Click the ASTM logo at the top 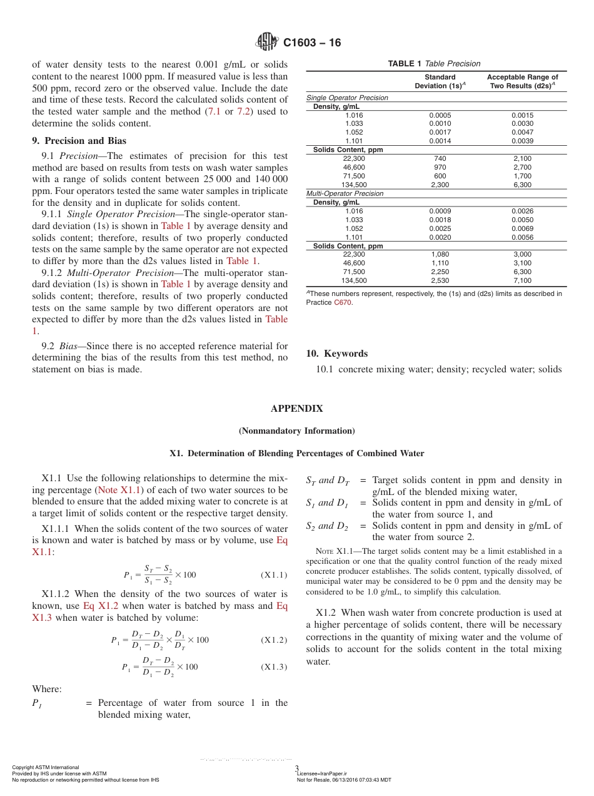click(267, 43)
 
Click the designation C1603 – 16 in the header click(312, 43)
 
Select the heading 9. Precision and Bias click(79, 141)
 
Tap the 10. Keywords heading click(336, 354)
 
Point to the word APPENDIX click(296, 409)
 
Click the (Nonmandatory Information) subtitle click(296, 431)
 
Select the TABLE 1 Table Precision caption click(434, 63)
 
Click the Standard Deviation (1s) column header click(440, 81)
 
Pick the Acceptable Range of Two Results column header click(522, 81)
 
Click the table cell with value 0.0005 click(440, 115)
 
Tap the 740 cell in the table click(440, 159)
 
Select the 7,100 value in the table click(522, 281)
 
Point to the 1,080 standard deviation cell click(440, 255)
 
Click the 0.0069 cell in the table click(522, 229)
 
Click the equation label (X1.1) click(273, 575)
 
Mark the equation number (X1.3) click(273, 667)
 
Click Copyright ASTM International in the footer click(46, 767)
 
